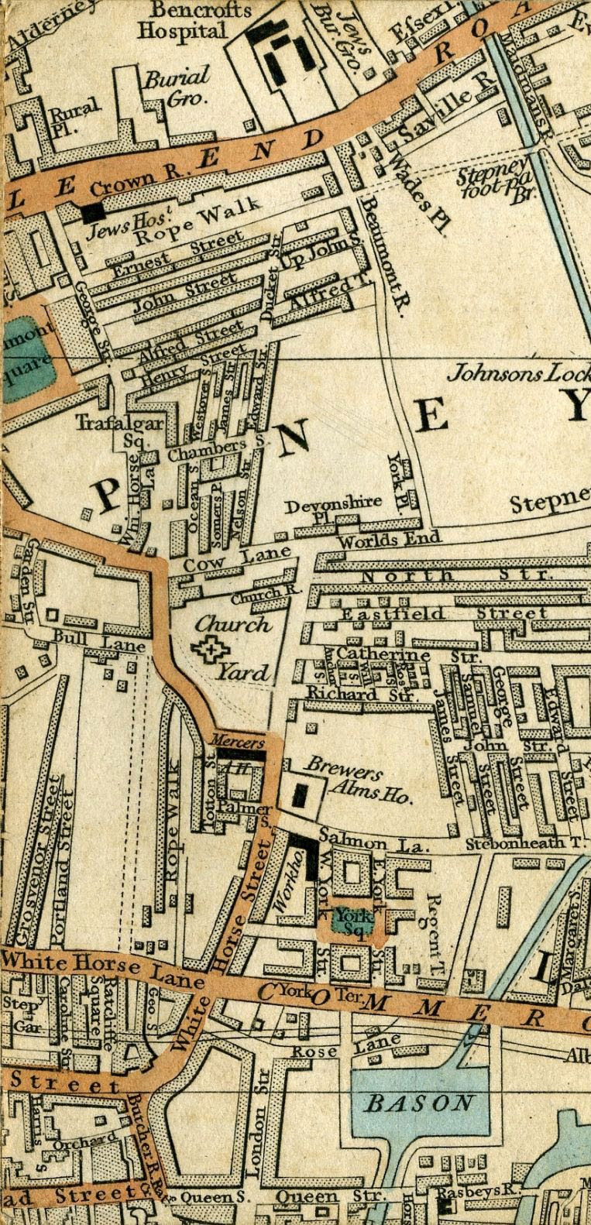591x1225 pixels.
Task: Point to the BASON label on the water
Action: tap(419, 1102)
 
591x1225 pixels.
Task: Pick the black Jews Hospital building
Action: tap(94, 210)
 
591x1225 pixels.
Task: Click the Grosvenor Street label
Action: tap(37, 860)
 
